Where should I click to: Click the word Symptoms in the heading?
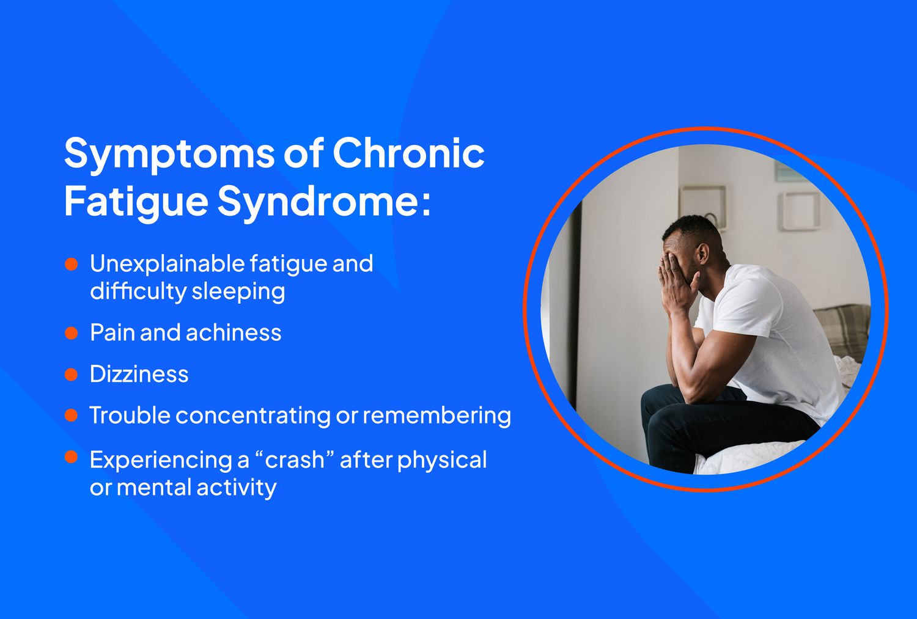[x=169, y=154]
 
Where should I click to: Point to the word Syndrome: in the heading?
[x=324, y=201]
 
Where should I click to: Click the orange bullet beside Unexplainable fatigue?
[x=72, y=264]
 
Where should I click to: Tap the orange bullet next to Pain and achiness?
[x=72, y=333]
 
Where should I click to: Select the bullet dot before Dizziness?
[x=72, y=375]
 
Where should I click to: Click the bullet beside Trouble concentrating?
[x=72, y=416]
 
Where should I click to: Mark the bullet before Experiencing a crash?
[x=72, y=457]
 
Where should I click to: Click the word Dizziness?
[x=139, y=374]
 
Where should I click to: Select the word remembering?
[x=436, y=416]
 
